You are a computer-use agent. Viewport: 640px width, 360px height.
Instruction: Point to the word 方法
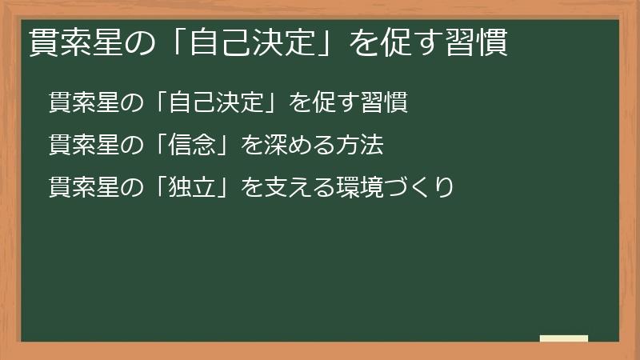(x=362, y=146)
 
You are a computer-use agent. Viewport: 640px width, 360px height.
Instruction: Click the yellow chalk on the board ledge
(x=563, y=338)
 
